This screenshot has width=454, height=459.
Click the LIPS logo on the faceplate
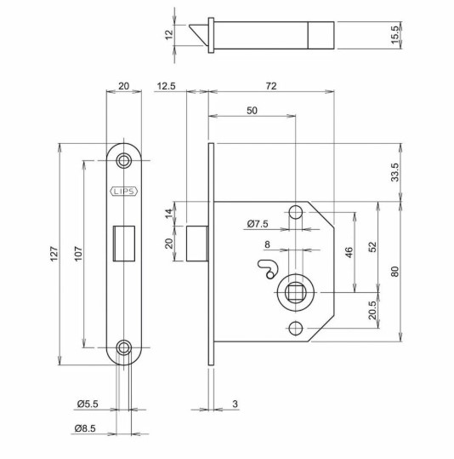[x=124, y=192]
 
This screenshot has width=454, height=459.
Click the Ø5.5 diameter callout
[x=85, y=404]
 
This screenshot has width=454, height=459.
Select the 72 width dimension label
[x=271, y=86]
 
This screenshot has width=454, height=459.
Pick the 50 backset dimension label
[x=253, y=111]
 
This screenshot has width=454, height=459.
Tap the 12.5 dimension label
[x=166, y=86]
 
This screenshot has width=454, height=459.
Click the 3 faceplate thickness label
[x=234, y=404]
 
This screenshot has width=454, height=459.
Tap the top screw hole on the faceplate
[x=125, y=159]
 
